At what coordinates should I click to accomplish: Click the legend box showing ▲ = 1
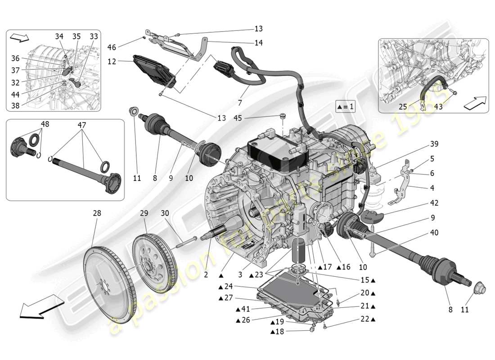click(x=345, y=107)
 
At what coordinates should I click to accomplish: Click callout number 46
click(x=112, y=46)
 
